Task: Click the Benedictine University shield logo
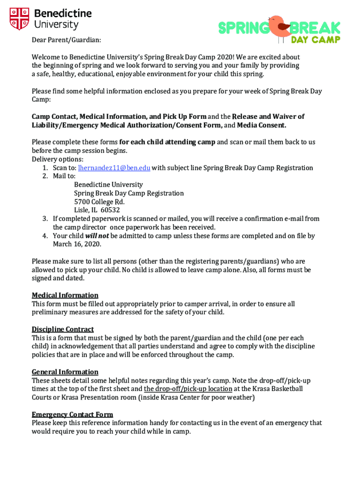click(x=20, y=19)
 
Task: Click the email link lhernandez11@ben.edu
click(x=114, y=168)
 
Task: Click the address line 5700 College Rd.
click(x=99, y=202)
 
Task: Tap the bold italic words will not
click(x=97, y=236)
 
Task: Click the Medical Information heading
click(x=65, y=295)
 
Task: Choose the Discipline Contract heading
click(x=63, y=329)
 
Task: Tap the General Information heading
click(x=65, y=372)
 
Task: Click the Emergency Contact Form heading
click(x=72, y=414)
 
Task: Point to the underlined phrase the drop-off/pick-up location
click(x=188, y=389)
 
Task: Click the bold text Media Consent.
click(x=261, y=125)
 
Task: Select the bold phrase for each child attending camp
click(x=167, y=142)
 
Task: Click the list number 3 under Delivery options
click(x=45, y=218)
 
